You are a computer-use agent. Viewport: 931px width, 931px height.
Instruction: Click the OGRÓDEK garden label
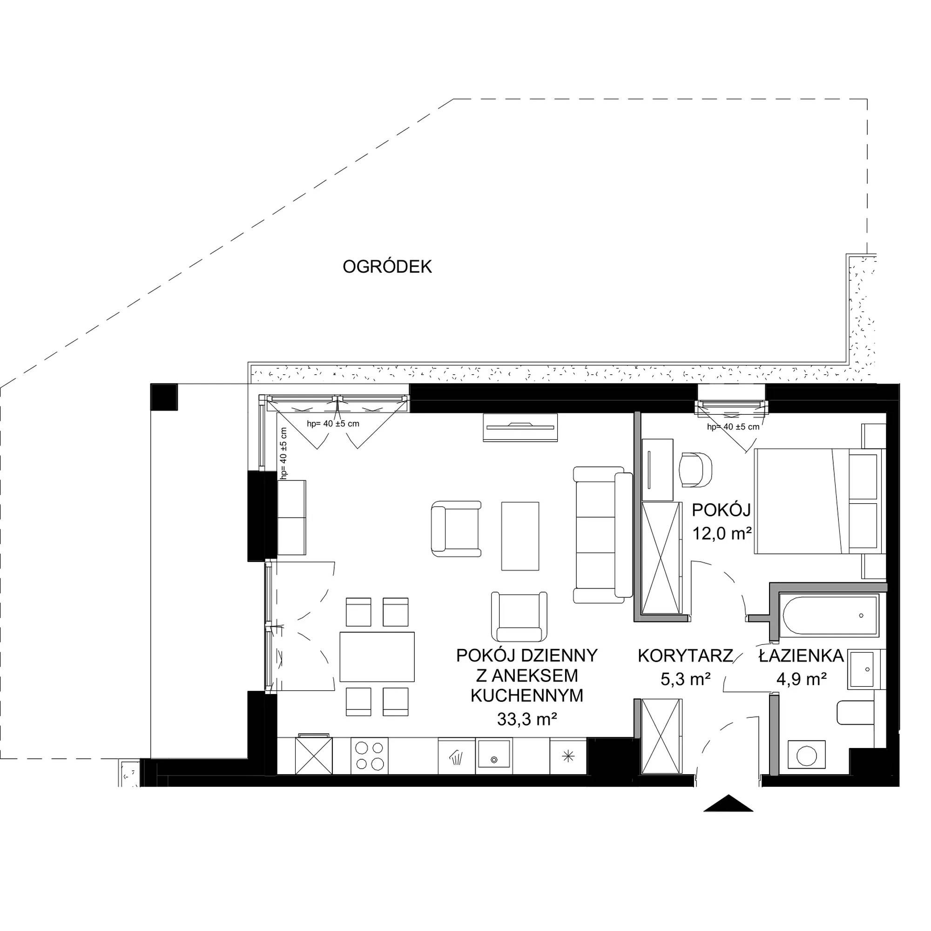[387, 266]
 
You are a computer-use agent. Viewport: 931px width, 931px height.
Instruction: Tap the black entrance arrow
[728, 803]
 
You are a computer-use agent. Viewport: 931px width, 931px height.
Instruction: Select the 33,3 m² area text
[526, 720]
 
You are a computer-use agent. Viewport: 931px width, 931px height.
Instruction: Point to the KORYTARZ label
[685, 656]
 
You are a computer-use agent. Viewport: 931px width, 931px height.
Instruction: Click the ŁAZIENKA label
[802, 656]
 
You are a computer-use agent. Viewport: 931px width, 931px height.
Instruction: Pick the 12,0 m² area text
[722, 533]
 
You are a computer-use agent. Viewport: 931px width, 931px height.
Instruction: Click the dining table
[378, 657]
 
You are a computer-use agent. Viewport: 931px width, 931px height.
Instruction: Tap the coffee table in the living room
[520, 536]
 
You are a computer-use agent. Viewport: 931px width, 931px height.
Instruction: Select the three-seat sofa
[602, 535]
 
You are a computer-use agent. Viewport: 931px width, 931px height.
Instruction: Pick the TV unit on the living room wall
[520, 426]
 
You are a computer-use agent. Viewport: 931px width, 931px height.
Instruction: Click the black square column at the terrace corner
[164, 397]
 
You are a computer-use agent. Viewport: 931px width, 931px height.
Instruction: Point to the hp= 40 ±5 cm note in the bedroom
[733, 426]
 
